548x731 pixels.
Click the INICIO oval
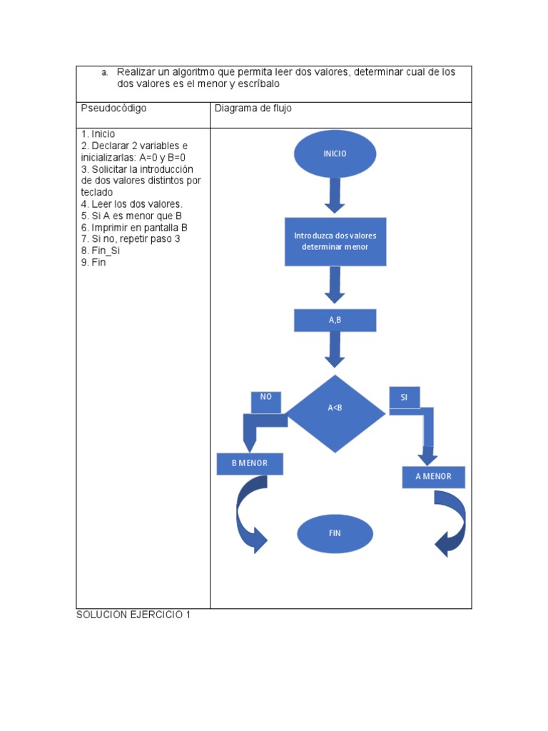[x=335, y=153]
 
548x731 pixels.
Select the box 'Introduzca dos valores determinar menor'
[x=335, y=241]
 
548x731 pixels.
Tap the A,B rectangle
[x=335, y=321]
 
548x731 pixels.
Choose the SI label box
[x=404, y=397]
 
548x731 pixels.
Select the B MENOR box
[x=250, y=463]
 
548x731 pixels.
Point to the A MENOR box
[x=433, y=477]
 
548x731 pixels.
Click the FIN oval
[x=335, y=534]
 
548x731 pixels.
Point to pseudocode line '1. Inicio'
[x=98, y=134]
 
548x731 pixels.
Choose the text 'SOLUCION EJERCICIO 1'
[x=133, y=615]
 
